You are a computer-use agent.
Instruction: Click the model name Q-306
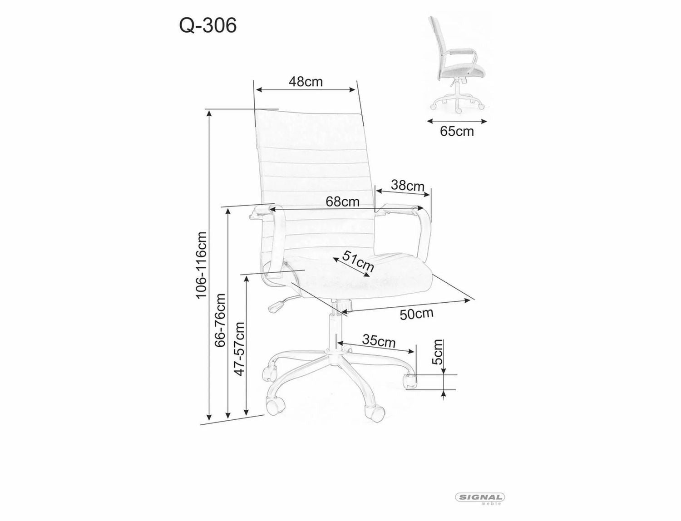point(208,26)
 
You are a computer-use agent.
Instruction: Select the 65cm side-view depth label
point(457,132)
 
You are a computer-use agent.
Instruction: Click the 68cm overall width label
point(342,202)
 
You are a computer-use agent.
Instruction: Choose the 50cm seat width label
point(416,314)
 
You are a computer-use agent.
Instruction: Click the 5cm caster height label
point(438,352)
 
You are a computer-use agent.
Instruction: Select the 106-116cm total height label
point(201,265)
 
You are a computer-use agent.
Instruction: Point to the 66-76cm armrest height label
point(220,320)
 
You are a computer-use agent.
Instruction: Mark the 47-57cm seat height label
point(239,348)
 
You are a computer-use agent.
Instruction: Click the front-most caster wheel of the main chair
point(375,413)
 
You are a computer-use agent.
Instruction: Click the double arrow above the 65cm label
point(457,121)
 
